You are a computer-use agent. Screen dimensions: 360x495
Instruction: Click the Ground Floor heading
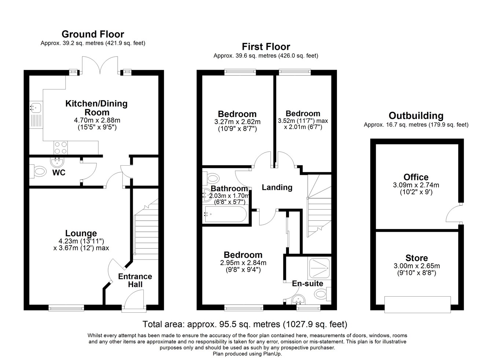(93, 34)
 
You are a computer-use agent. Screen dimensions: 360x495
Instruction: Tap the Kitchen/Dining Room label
(96, 108)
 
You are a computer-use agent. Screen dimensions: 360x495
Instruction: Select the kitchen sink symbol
(36, 108)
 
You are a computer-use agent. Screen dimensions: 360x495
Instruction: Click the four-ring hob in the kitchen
(60, 147)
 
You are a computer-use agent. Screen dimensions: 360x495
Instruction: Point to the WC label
(59, 172)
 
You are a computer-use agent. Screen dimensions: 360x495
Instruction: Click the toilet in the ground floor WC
(38, 171)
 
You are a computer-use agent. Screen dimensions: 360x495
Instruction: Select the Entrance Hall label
(135, 280)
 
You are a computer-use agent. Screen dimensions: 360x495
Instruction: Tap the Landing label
(277, 187)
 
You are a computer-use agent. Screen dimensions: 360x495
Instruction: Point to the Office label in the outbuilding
(416, 177)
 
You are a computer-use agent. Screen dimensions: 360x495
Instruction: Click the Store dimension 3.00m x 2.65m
(417, 266)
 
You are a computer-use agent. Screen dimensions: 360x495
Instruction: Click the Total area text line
(245, 324)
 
